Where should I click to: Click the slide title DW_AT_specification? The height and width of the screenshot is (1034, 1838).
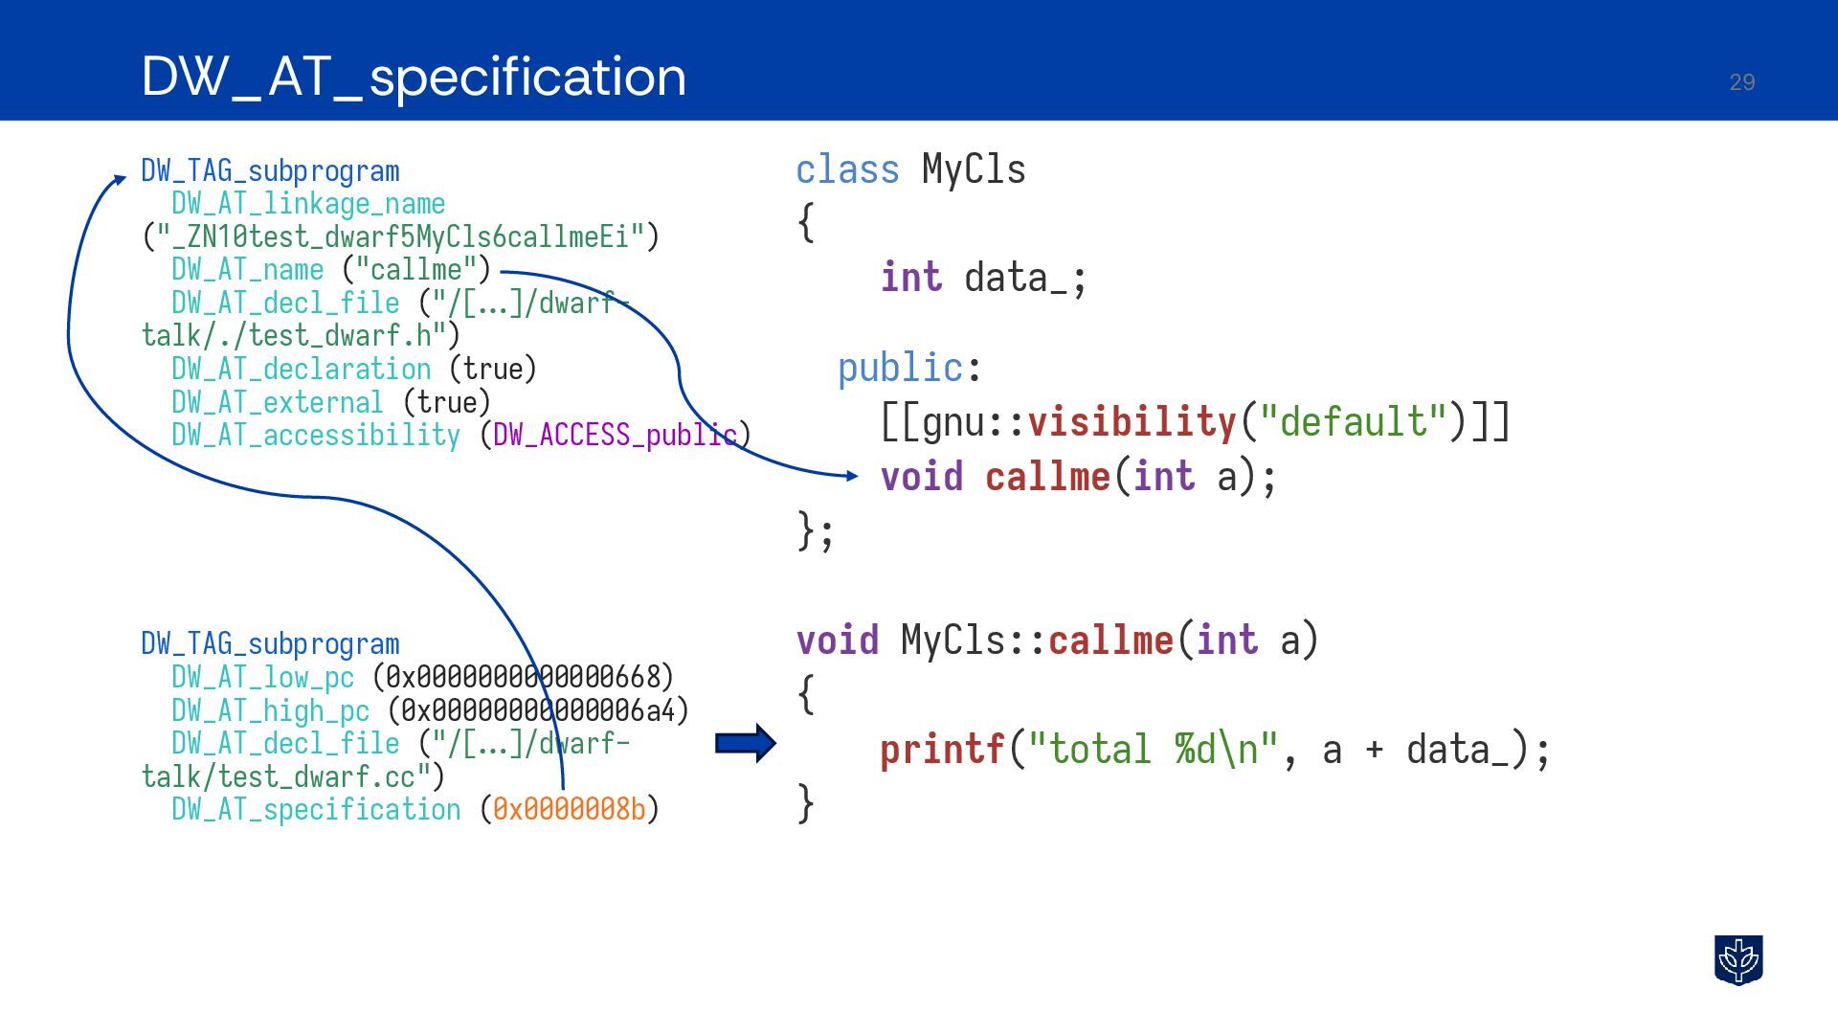click(414, 77)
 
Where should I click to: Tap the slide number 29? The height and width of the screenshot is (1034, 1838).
click(1741, 82)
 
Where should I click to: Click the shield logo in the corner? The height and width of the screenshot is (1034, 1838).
click(1737, 959)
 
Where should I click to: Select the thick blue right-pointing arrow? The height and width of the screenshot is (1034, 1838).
click(746, 743)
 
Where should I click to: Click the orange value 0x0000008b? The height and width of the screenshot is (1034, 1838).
click(570, 810)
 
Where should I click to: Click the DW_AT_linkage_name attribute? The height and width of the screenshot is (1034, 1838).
click(308, 204)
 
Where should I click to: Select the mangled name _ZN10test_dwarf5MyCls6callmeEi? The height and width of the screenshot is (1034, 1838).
click(401, 236)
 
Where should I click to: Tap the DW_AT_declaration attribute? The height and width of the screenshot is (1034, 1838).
click(301, 370)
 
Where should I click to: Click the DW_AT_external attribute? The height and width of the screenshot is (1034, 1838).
click(277, 402)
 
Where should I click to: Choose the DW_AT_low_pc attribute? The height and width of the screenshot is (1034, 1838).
click(262, 678)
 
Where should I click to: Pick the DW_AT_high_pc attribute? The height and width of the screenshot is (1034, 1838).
click(270, 711)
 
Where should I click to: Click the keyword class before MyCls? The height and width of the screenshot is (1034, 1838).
click(847, 170)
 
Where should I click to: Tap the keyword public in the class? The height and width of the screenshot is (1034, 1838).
click(900, 368)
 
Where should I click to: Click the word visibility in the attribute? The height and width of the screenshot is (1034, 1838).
click(1132, 421)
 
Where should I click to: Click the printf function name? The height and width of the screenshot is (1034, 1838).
click(942, 750)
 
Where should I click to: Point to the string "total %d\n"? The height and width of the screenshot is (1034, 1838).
click(1154, 750)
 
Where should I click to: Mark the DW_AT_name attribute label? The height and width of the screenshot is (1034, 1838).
click(247, 270)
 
